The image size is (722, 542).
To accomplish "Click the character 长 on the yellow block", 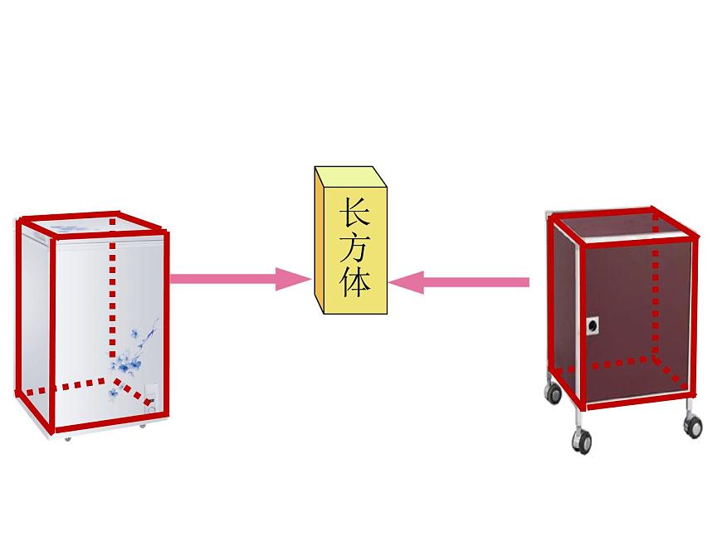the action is point(354,212).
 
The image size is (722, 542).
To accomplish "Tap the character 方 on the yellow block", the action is point(354,248).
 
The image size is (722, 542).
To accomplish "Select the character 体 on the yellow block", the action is point(354,282).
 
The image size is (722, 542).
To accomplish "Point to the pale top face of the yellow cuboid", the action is point(350,177).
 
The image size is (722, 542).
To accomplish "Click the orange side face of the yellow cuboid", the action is point(320,239).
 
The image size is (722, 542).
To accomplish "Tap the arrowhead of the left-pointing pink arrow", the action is point(406,282).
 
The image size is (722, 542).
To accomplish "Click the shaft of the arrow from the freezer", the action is point(223,279).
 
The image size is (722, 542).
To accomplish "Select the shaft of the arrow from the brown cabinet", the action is point(476,282).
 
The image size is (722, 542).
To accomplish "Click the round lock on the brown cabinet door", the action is point(593,326).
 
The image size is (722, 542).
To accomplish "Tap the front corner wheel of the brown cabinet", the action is point(582,440).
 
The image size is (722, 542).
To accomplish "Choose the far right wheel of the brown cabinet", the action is point(694,426).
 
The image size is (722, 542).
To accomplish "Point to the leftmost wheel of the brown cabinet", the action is point(553,393).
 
